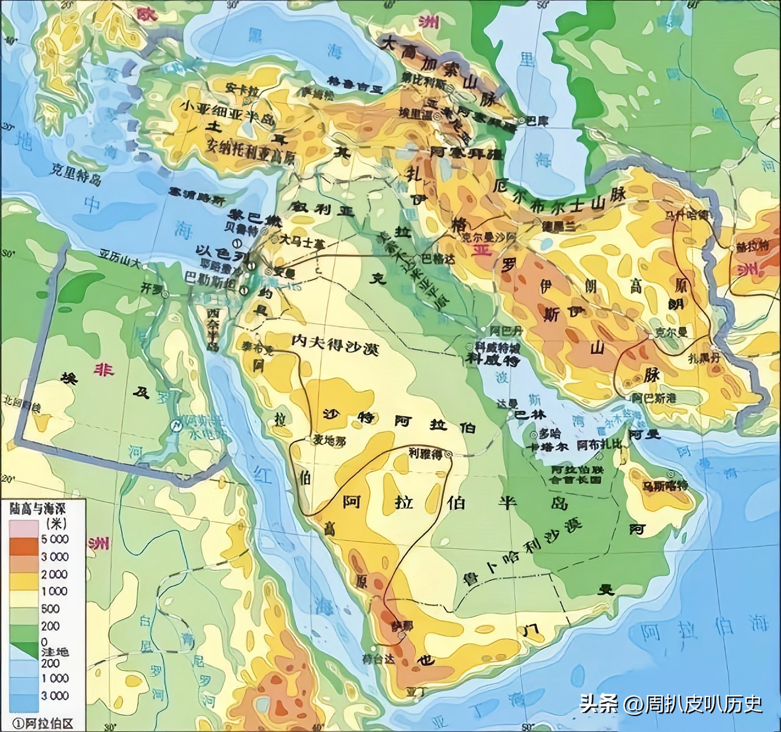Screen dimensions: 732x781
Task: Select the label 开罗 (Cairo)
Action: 149,288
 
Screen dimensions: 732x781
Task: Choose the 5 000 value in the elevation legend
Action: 55,539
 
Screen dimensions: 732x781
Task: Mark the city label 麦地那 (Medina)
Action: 329,441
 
